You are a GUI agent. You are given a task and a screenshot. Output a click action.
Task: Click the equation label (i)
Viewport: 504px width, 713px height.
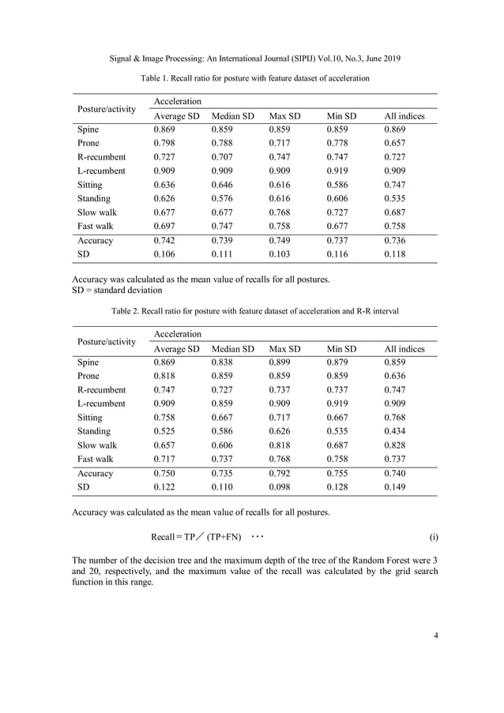(434, 538)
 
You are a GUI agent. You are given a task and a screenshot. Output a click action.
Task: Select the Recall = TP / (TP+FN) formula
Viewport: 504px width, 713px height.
(197, 538)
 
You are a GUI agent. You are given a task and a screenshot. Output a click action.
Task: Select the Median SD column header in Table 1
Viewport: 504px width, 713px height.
(232, 116)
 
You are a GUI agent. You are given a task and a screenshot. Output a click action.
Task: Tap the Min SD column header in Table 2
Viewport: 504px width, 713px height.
(341, 348)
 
